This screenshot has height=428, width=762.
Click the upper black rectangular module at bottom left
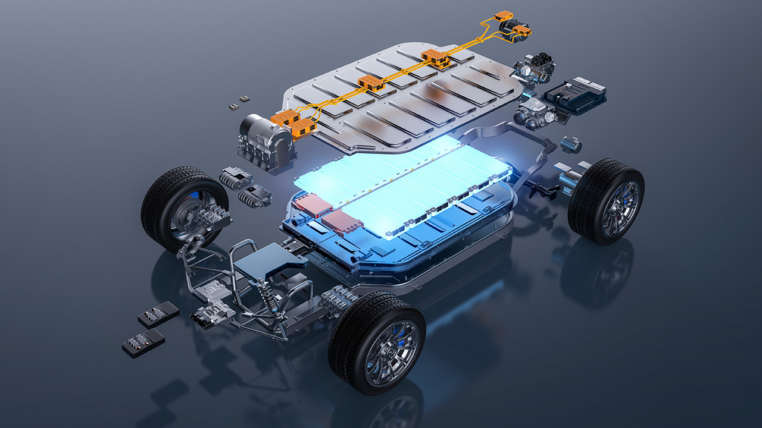click(x=158, y=314)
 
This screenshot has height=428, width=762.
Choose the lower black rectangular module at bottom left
click(x=143, y=343)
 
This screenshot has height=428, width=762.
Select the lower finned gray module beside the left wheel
click(x=255, y=197)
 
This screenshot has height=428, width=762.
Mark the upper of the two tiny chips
click(x=243, y=98)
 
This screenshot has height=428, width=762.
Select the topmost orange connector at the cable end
click(x=504, y=16)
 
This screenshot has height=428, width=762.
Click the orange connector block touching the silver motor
click(x=285, y=119)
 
